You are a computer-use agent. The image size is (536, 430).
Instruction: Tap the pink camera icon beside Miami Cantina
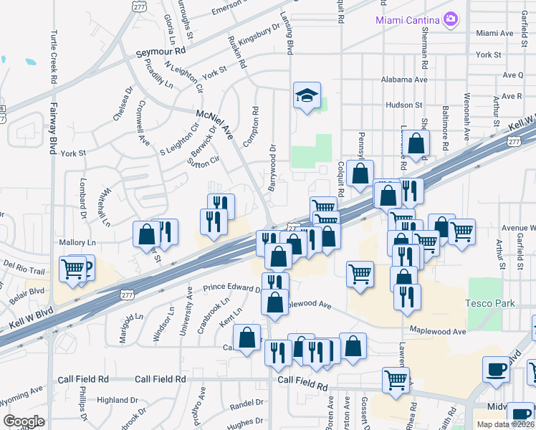(451, 19)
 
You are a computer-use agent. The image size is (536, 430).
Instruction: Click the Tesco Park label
(490, 303)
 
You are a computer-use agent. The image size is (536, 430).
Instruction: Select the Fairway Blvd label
(53, 129)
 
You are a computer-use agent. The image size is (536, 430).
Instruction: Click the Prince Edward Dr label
(232, 288)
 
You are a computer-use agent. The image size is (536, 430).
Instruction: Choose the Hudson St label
(404, 105)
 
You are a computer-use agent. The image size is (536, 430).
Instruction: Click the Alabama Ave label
(404, 80)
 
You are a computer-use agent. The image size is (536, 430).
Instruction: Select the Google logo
(24, 421)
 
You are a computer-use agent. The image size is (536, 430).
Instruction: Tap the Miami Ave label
(494, 33)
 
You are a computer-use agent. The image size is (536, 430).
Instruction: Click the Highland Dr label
(117, 400)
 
